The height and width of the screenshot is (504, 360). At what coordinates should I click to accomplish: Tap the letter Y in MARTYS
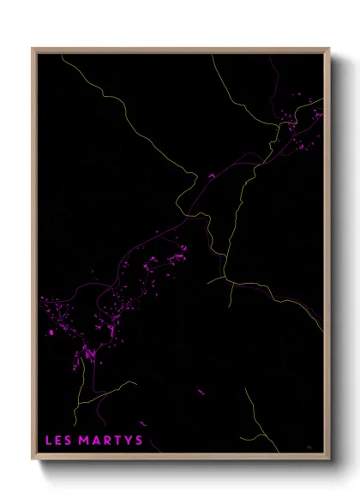(127, 441)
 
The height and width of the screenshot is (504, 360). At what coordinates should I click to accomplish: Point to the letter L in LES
(48, 441)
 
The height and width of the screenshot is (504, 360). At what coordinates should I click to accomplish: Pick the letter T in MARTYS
(117, 441)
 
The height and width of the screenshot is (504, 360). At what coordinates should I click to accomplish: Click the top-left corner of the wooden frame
(33, 48)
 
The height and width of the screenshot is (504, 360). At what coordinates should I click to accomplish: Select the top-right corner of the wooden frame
(331, 48)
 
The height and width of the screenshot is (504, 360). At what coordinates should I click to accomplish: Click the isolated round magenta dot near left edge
(51, 332)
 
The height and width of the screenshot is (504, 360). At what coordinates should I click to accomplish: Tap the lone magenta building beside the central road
(210, 176)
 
